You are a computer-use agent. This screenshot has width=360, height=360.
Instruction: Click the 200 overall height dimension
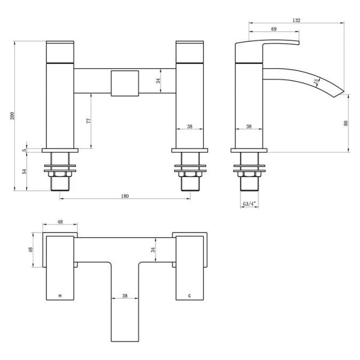[12, 116]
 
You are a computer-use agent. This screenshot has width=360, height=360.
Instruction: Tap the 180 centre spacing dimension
[125, 196]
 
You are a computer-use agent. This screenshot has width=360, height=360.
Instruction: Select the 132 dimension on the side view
[296, 20]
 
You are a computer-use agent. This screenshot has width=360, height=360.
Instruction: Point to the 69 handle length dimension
[274, 29]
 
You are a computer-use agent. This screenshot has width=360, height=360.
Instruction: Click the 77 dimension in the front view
[89, 121]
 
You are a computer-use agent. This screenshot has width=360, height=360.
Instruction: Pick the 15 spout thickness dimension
[316, 81]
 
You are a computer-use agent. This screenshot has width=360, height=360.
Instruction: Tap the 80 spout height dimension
[346, 123]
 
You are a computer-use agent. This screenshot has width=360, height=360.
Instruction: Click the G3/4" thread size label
[250, 204]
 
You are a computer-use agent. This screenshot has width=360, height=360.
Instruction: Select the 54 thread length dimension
[25, 171]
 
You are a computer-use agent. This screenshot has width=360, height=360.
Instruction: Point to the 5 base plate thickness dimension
[25, 150]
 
